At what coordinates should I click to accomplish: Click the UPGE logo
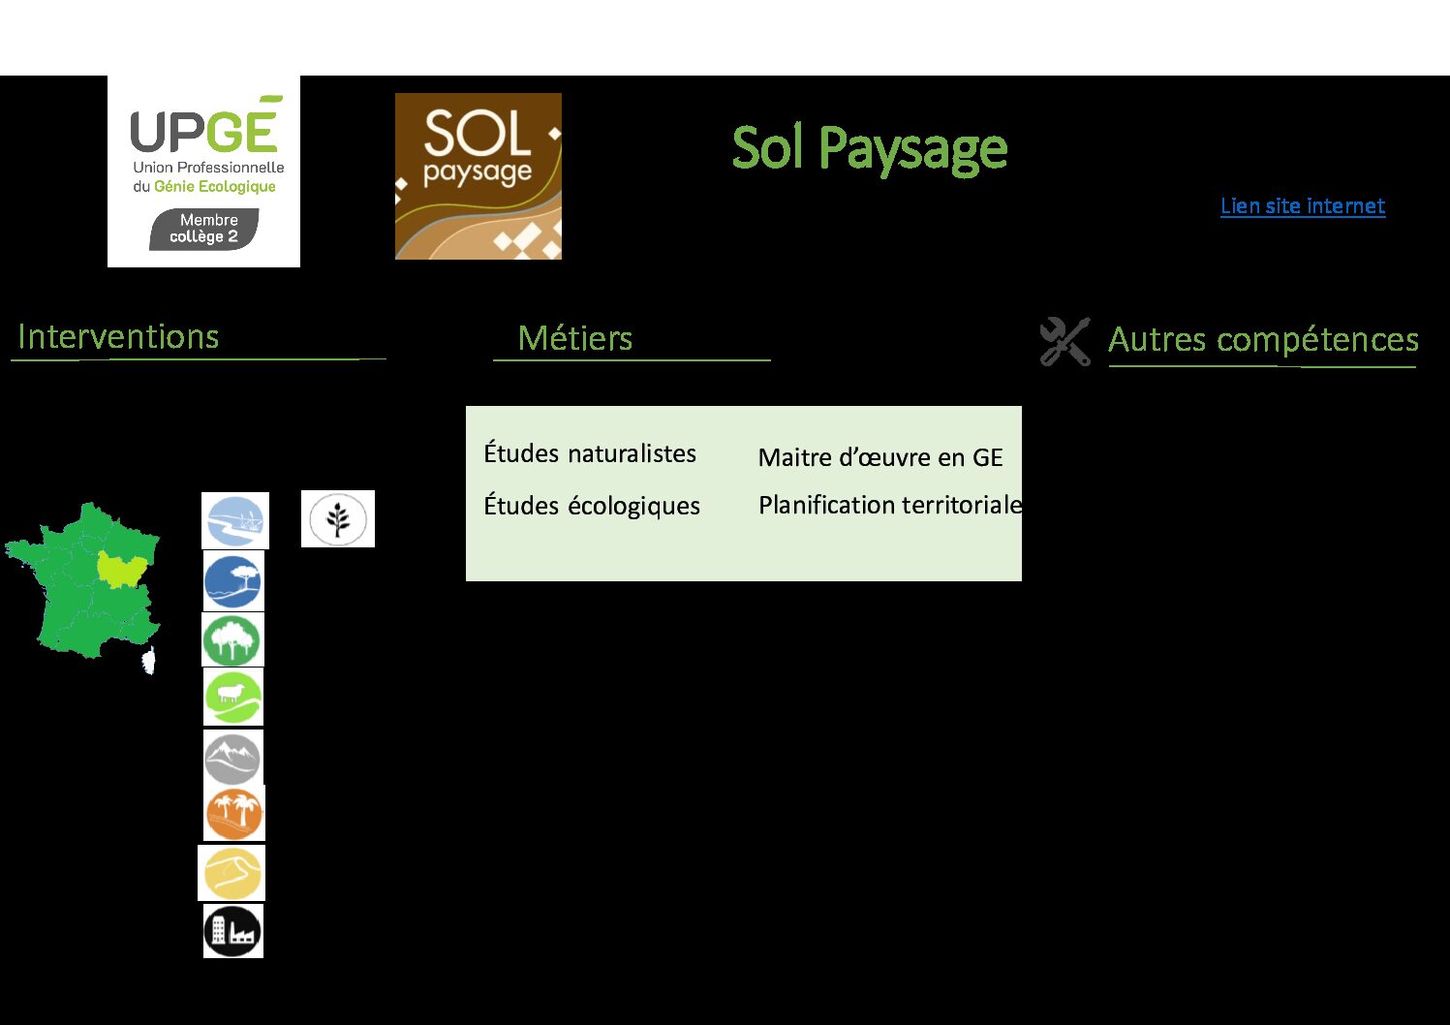click(204, 171)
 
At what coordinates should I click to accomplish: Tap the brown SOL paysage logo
click(478, 176)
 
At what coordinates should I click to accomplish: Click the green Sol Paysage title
click(870, 149)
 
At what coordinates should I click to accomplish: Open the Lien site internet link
click(1303, 206)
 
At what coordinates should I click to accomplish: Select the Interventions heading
click(118, 337)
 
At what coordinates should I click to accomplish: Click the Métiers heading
click(574, 338)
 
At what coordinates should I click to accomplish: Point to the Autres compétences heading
click(1263, 339)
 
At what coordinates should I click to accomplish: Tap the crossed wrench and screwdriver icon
click(1064, 341)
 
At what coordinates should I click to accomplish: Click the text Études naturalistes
click(590, 452)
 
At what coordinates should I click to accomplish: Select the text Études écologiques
click(592, 506)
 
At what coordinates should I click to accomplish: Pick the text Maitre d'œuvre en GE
click(880, 457)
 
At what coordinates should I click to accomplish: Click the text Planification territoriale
click(890, 505)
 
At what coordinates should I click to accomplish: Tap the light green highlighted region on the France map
click(120, 569)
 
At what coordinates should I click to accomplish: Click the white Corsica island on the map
click(149, 661)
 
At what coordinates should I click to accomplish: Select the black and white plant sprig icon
click(338, 518)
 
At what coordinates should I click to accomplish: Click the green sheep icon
click(233, 697)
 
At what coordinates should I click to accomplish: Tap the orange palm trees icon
click(233, 813)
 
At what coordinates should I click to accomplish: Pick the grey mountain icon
click(232, 757)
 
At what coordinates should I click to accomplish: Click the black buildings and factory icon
click(233, 930)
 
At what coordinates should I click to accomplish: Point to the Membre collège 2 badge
click(204, 229)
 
